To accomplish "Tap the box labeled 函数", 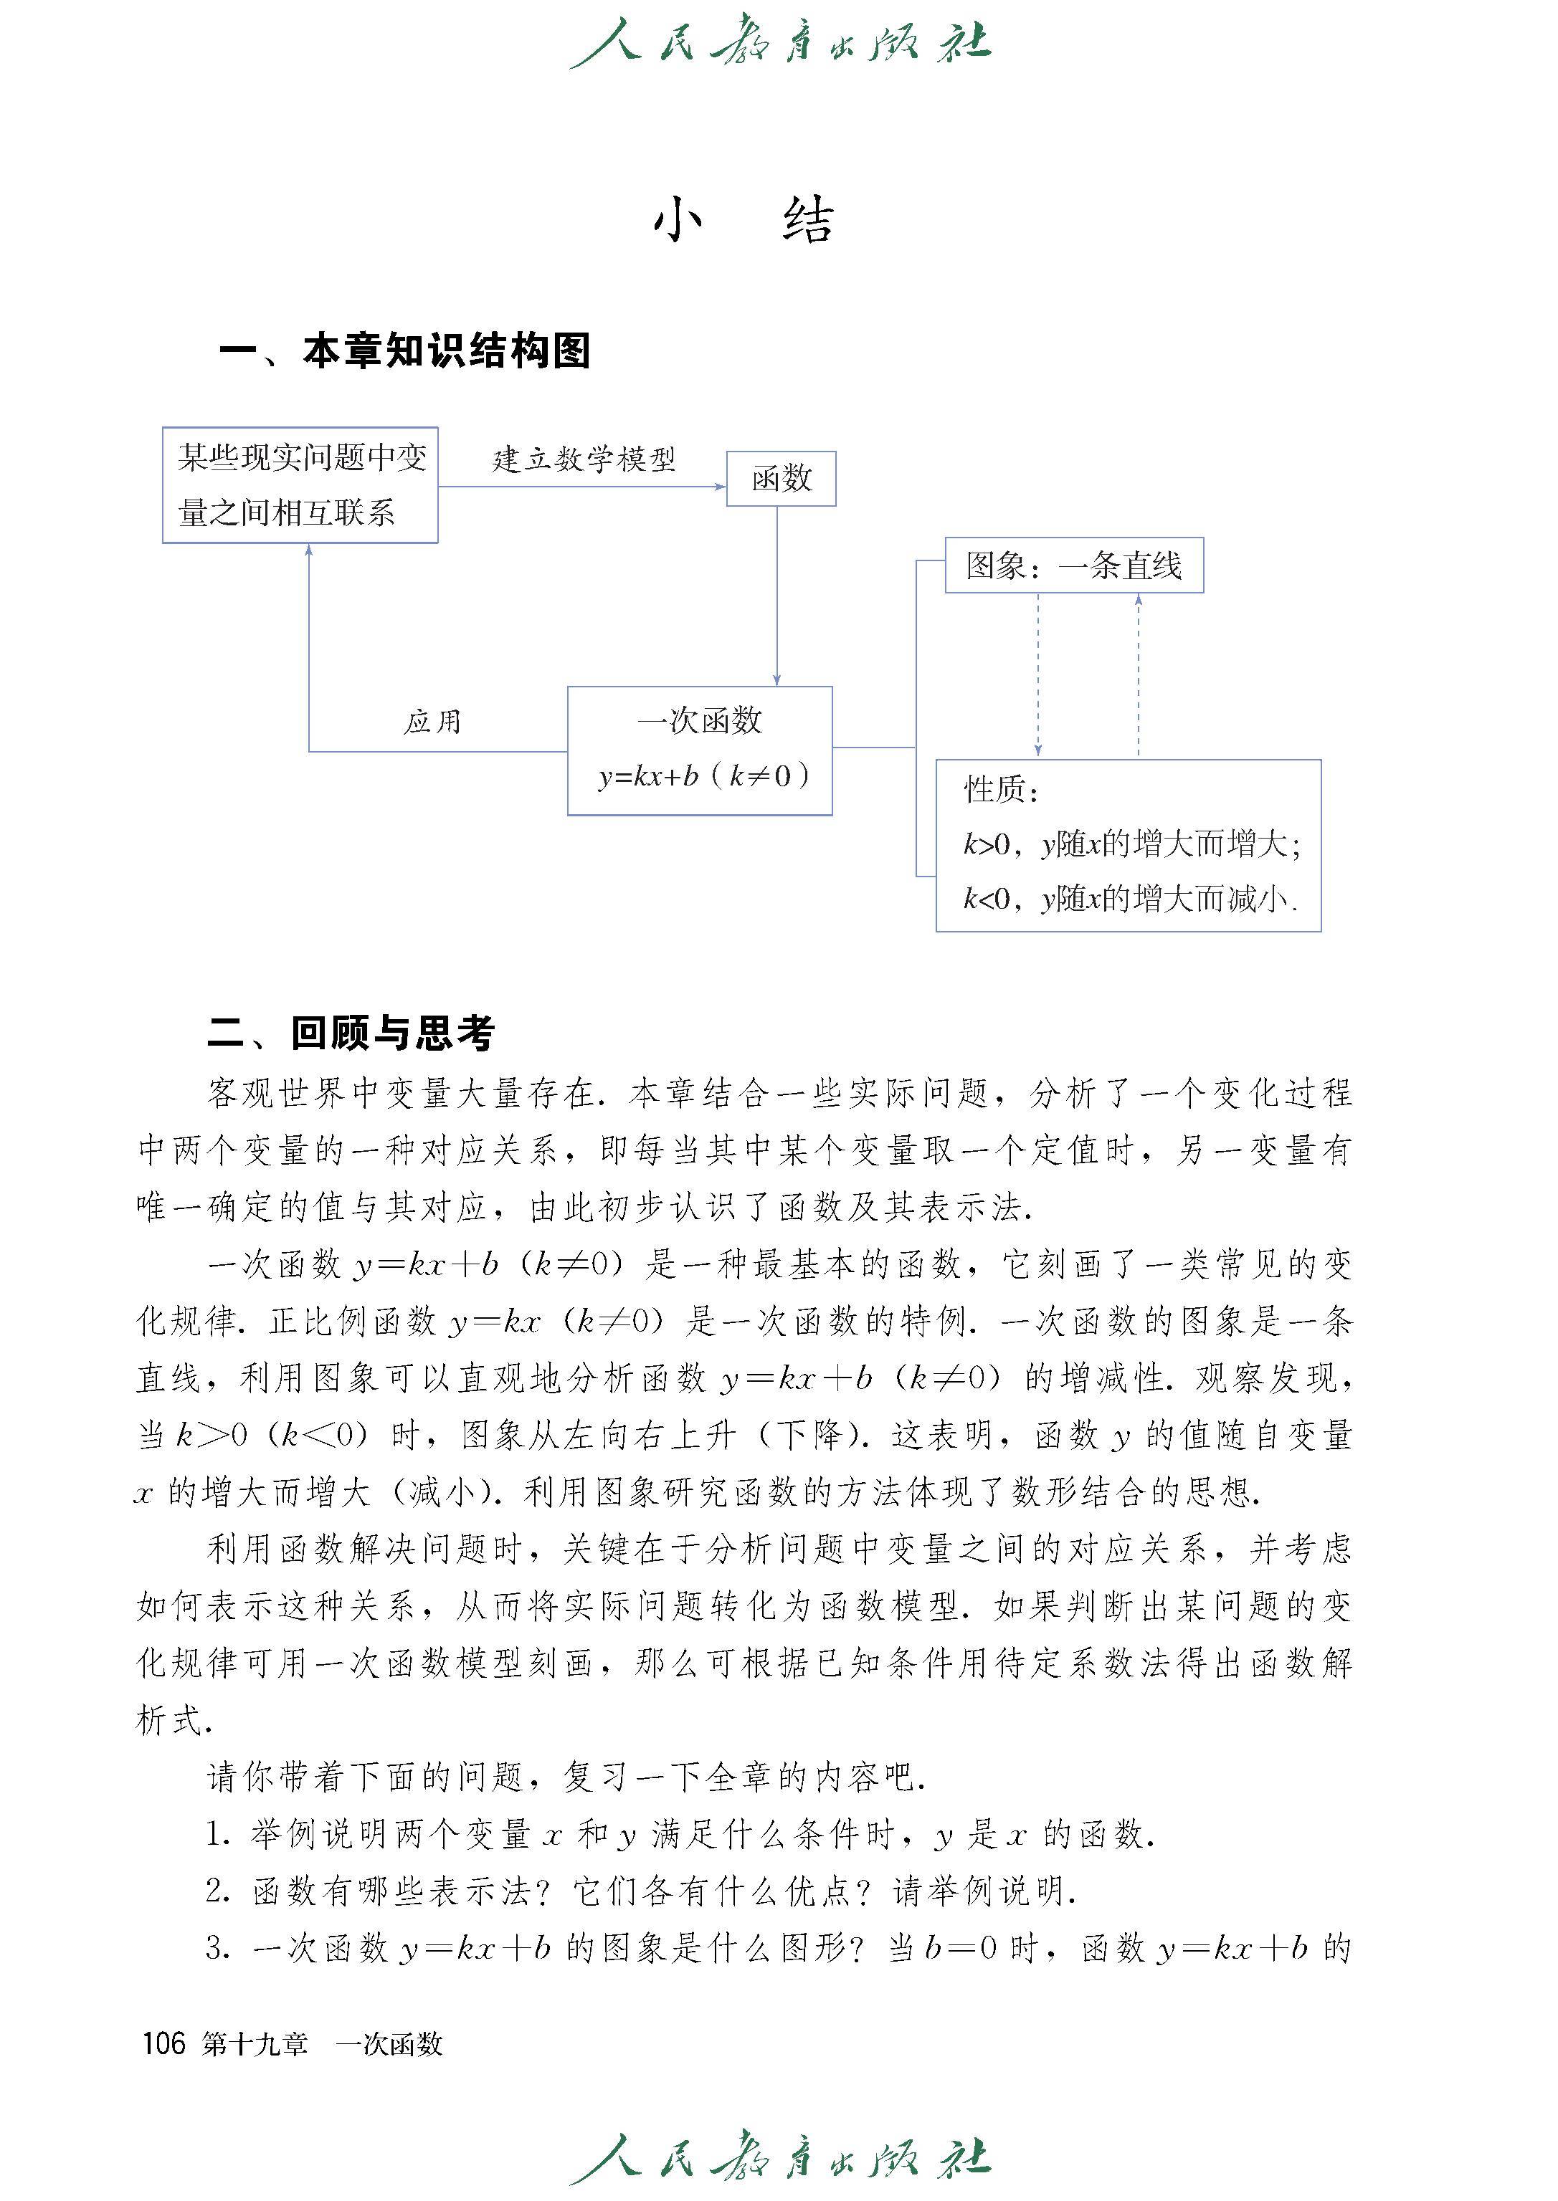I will point(781,479).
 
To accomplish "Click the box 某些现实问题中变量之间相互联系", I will point(300,485).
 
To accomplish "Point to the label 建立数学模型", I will point(584,459).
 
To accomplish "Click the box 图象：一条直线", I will point(1073,565).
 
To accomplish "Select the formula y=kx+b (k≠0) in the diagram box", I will point(702,776).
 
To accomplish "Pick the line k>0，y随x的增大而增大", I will point(1131,845).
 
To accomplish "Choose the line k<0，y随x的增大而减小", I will point(1129,899).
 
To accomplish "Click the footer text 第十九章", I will point(255,2045).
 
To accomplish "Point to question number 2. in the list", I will point(218,1890).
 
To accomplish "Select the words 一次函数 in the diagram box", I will point(699,721).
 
